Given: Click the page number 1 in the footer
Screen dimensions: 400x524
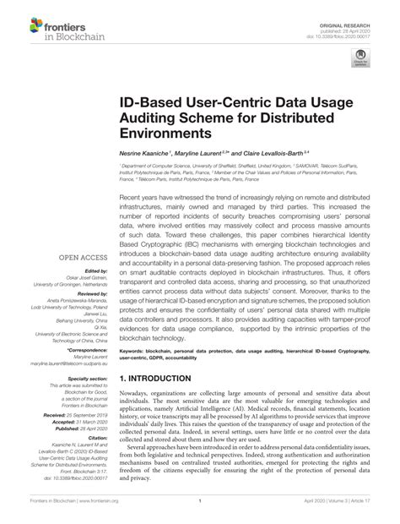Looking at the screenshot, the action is (200, 511).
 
